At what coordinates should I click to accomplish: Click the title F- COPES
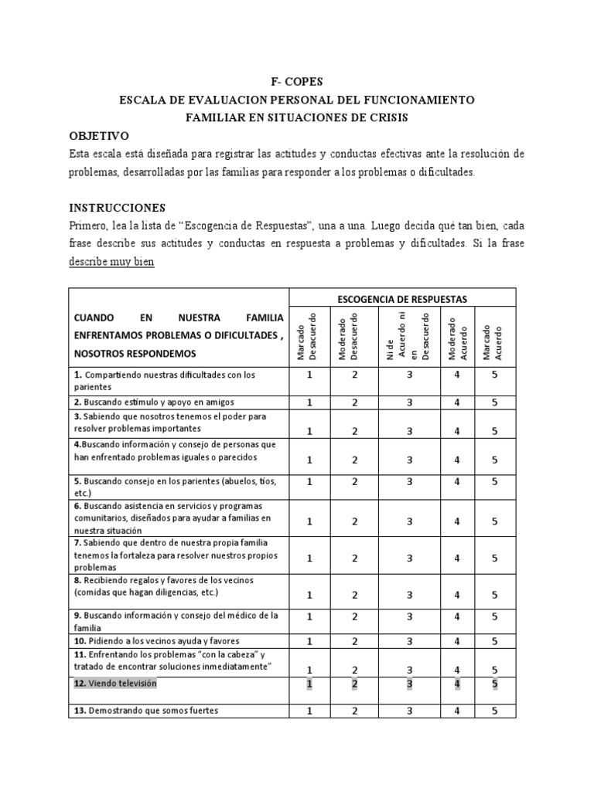pyautogui.click(x=296, y=83)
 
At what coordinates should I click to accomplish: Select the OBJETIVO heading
pyautogui.click(x=104, y=135)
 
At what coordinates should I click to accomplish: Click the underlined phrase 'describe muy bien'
pyautogui.click(x=111, y=262)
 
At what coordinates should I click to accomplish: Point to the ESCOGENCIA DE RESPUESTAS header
pyautogui.click(x=401, y=299)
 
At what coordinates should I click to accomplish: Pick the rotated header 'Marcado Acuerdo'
pyautogui.click(x=493, y=336)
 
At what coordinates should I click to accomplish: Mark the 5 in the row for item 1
pyautogui.click(x=494, y=375)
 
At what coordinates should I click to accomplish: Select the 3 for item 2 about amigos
pyautogui.click(x=409, y=402)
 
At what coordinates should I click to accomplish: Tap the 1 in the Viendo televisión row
pyautogui.click(x=309, y=684)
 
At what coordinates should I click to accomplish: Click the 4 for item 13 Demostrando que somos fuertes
pyautogui.click(x=457, y=711)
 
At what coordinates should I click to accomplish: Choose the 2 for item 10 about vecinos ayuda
pyautogui.click(x=355, y=641)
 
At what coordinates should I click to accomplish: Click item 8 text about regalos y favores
pyautogui.click(x=167, y=586)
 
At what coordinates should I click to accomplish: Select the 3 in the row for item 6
pyautogui.click(x=409, y=521)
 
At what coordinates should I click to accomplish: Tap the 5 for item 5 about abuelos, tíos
pyautogui.click(x=494, y=481)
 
